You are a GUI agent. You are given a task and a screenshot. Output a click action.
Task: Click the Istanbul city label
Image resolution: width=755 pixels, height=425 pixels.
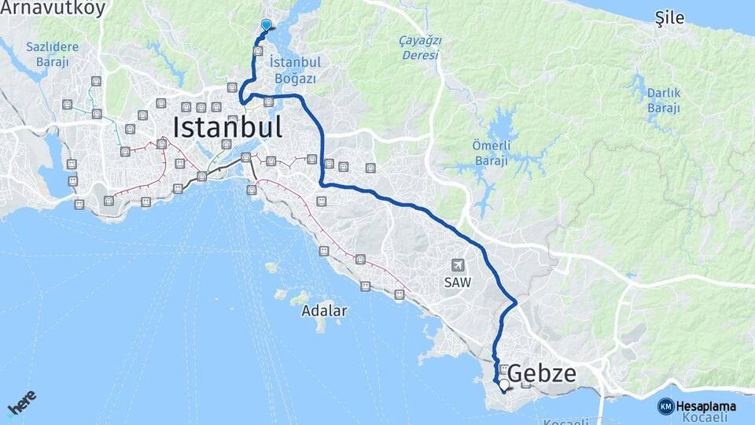point(226,127)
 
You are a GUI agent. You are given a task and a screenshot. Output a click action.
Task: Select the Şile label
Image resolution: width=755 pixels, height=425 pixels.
point(669,18)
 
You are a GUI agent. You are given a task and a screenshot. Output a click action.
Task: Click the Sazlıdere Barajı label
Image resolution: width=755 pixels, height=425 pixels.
point(52,53)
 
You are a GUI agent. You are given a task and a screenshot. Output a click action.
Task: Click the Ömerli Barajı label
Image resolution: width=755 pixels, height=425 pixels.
point(491,152)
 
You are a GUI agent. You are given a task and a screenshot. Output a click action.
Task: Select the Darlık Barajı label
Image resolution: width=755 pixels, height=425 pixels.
point(664,100)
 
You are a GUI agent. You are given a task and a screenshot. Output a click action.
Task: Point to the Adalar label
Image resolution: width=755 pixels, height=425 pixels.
point(324,310)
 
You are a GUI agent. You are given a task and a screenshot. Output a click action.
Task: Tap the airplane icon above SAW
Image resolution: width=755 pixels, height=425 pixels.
point(457,266)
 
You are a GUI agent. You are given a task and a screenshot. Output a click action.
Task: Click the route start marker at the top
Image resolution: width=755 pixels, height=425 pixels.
point(266,25)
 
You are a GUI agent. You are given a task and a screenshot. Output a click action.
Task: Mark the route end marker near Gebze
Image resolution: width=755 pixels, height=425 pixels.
point(503,385)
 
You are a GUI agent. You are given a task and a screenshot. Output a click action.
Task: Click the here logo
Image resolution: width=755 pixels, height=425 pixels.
point(22,403)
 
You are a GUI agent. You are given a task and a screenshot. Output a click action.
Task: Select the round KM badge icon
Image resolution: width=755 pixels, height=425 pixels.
point(665,406)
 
